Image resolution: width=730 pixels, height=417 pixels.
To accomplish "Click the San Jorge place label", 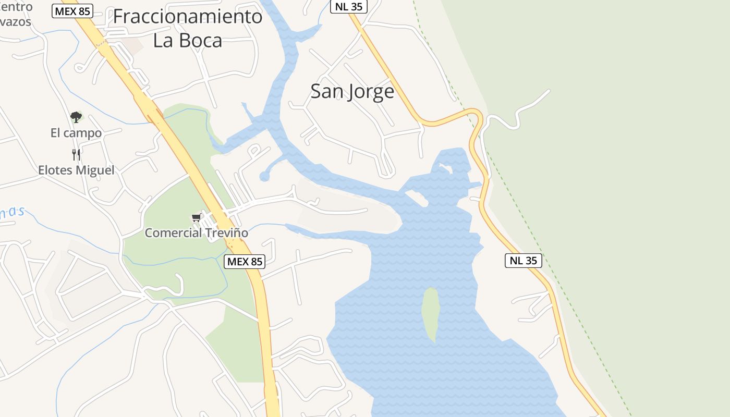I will [x=352, y=92].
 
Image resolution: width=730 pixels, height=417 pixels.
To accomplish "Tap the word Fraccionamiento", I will [x=188, y=17].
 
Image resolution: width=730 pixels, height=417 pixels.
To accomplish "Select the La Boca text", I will [x=188, y=41].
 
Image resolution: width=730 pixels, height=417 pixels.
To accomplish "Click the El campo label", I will [x=76, y=133].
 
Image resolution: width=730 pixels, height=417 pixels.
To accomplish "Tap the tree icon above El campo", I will [x=76, y=117].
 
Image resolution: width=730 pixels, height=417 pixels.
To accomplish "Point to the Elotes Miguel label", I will [x=76, y=170].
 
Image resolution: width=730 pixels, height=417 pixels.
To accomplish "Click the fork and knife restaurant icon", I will [x=76, y=154].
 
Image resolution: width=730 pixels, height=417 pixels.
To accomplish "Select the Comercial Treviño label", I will [x=196, y=233].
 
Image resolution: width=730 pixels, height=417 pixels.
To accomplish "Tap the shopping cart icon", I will [x=197, y=218].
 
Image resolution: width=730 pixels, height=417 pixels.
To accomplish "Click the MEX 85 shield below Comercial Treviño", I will [x=245, y=261].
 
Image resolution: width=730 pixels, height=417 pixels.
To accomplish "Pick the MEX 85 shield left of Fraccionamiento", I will [x=72, y=10].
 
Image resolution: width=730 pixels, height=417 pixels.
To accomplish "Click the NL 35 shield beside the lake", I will [x=523, y=261].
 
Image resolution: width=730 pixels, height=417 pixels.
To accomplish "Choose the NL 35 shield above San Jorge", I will [x=349, y=6].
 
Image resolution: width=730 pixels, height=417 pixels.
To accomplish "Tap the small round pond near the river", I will [x=264, y=177].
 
